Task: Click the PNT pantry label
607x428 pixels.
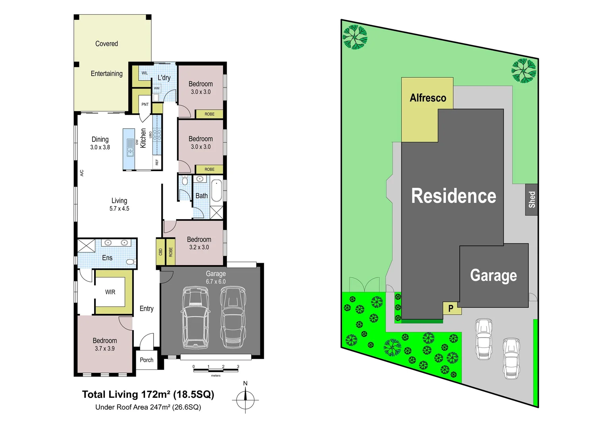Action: point(145,105)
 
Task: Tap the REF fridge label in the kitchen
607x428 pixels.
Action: point(157,162)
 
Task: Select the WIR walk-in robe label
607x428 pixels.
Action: point(110,292)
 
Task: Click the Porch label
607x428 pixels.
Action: point(146,360)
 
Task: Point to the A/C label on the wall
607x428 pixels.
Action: point(82,173)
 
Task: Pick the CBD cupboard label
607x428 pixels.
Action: point(160,252)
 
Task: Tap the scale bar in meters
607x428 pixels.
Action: point(216,370)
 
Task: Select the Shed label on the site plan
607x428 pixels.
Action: point(532,200)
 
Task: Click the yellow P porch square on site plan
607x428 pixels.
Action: point(451,308)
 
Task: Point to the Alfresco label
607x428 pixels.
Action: point(428,98)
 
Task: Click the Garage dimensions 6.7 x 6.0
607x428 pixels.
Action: point(216,282)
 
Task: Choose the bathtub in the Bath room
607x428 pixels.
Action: point(216,191)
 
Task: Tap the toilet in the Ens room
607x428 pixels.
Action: point(131,262)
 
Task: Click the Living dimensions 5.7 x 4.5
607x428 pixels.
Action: point(119,208)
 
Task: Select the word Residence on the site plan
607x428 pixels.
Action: point(453,196)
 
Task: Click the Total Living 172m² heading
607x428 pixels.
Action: point(148,394)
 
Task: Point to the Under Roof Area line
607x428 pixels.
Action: point(148,407)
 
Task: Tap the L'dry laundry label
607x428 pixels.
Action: point(164,78)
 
